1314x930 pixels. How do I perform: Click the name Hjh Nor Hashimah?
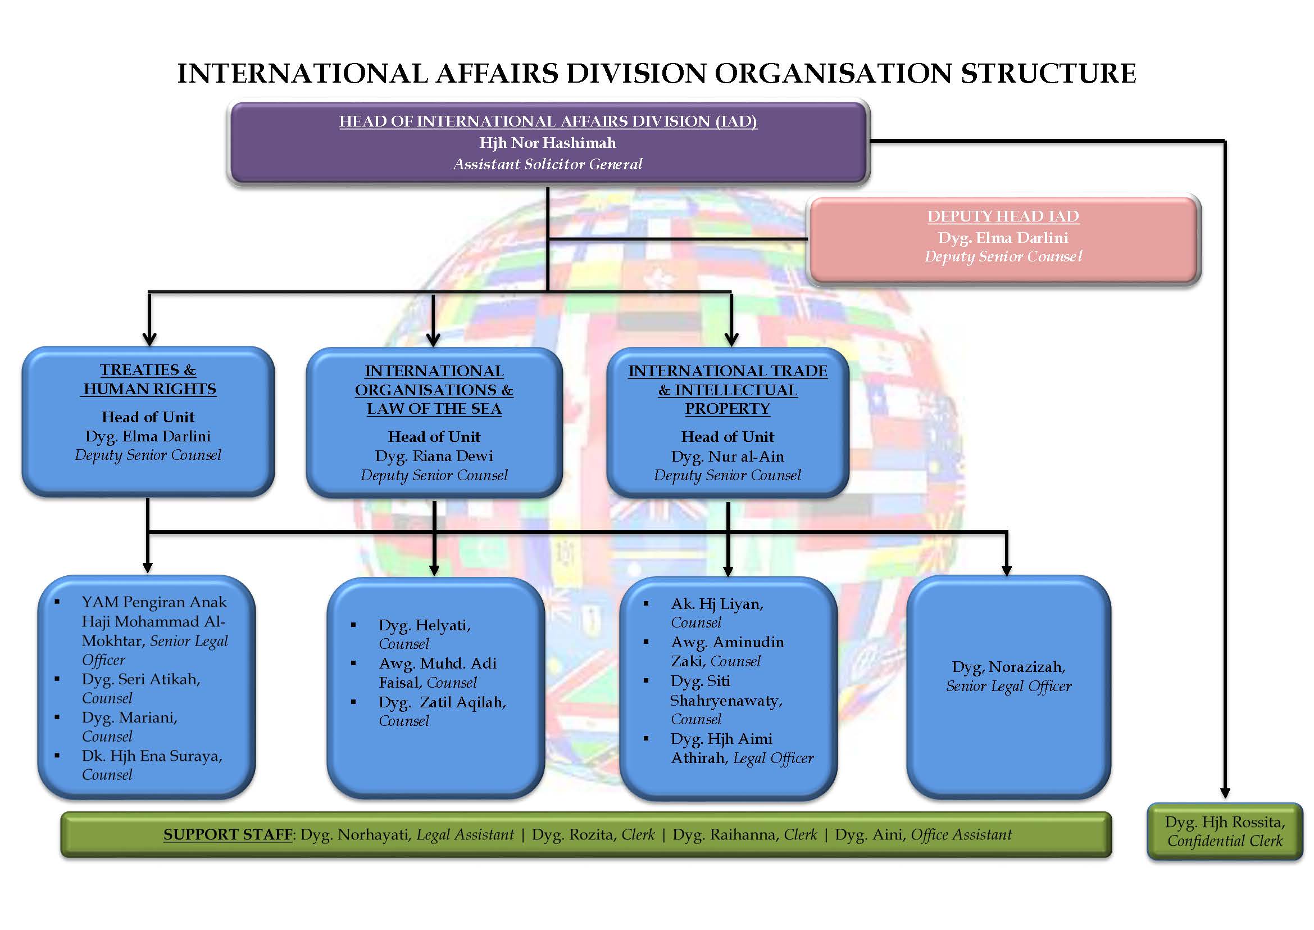[548, 143]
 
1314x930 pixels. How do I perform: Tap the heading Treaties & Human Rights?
[148, 379]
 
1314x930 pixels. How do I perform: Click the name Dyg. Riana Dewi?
[434, 456]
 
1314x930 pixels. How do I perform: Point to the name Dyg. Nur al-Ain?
[727, 457]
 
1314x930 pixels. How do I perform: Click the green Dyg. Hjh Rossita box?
[1225, 832]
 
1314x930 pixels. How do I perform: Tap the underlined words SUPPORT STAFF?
[228, 834]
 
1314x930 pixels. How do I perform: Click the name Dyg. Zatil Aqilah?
[442, 702]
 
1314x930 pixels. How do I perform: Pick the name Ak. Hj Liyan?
[716, 603]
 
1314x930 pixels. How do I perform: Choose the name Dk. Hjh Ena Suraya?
[152, 756]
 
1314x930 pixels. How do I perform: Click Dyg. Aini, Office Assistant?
[922, 834]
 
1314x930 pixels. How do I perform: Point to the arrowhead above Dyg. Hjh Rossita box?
[1225, 793]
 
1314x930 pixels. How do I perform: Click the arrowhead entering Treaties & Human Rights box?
[149, 339]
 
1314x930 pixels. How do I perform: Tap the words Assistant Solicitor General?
[548, 164]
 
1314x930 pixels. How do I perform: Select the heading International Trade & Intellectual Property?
[727, 390]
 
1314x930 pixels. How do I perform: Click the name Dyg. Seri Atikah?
[141, 679]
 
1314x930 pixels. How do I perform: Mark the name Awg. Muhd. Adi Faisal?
[437, 673]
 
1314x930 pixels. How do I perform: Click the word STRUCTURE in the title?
[1048, 73]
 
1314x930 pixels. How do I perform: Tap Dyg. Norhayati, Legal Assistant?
[407, 834]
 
